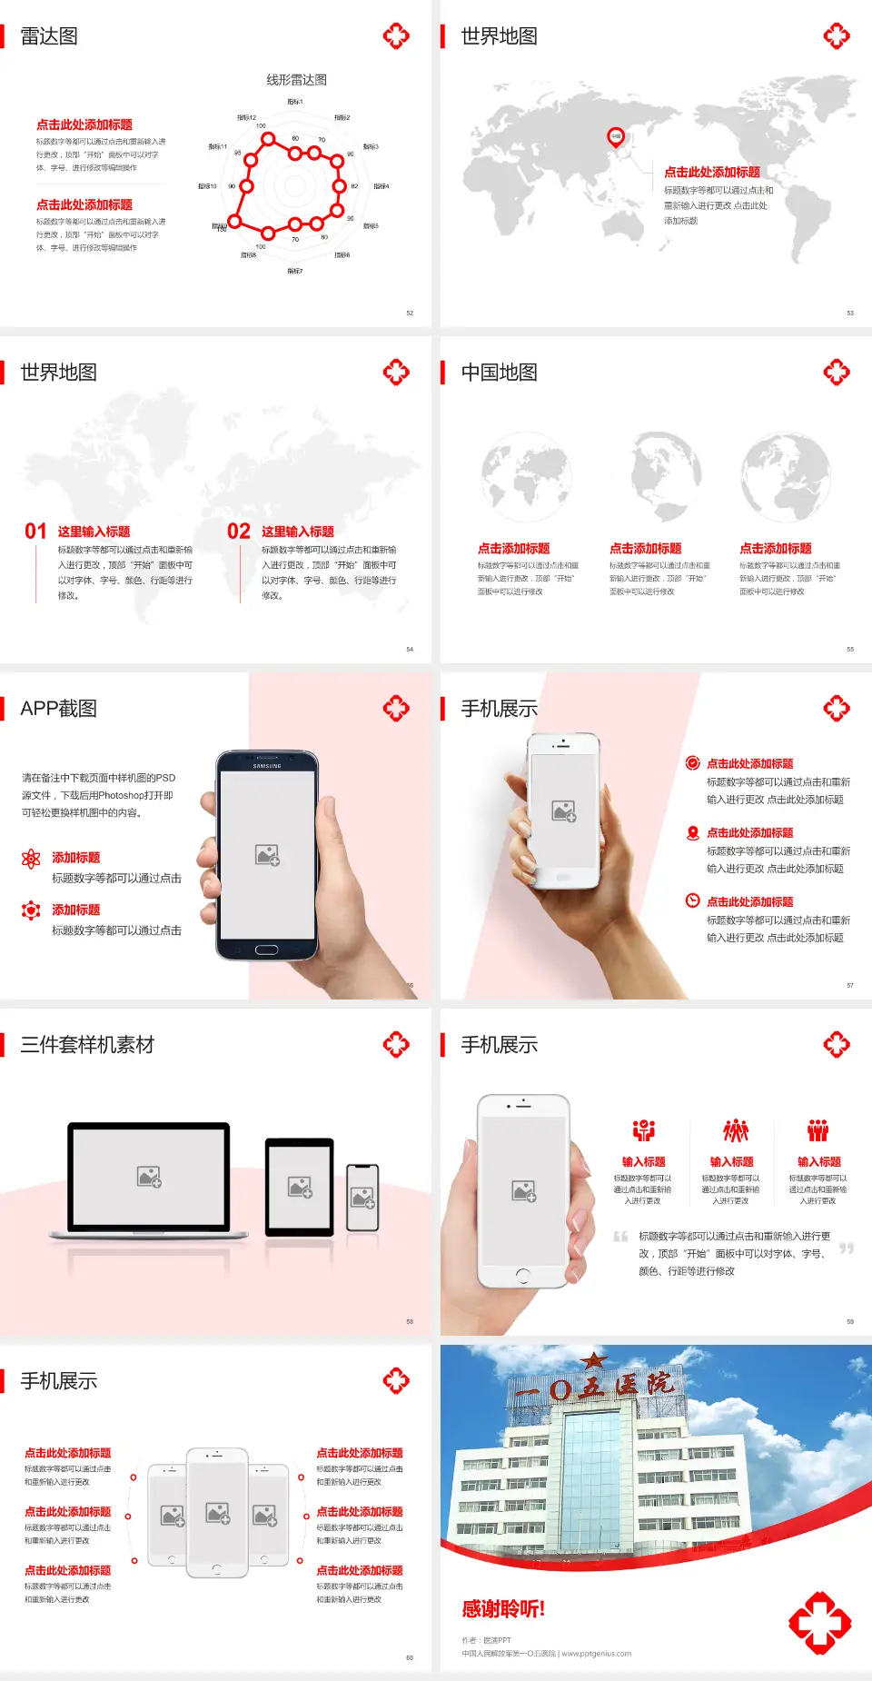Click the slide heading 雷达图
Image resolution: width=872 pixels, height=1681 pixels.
[x=49, y=36]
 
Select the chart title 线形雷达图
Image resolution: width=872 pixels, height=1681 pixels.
[x=296, y=80]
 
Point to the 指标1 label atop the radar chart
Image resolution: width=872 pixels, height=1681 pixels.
[x=295, y=102]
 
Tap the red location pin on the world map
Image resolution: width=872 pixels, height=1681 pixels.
[x=616, y=137]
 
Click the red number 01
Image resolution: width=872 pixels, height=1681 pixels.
[x=35, y=532]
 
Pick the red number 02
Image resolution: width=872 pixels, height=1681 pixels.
[x=239, y=532]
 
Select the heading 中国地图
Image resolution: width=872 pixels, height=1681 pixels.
[x=499, y=373]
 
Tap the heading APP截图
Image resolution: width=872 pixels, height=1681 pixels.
[x=59, y=709]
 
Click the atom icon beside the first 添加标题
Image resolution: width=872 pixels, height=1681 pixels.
[x=31, y=859]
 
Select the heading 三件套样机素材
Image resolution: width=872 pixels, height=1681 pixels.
[x=87, y=1045]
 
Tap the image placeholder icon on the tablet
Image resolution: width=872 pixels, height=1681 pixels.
[x=300, y=1187]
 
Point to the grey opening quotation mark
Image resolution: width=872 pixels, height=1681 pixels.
[x=620, y=1237]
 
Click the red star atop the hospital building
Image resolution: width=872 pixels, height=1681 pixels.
[x=594, y=1361]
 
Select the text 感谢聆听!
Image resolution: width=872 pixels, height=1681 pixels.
[x=503, y=1609]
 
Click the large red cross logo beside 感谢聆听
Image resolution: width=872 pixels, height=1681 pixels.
[x=819, y=1622]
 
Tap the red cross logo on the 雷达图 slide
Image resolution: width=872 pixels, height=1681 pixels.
[x=396, y=36]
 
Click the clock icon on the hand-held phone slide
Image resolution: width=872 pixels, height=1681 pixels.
[x=692, y=900]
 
